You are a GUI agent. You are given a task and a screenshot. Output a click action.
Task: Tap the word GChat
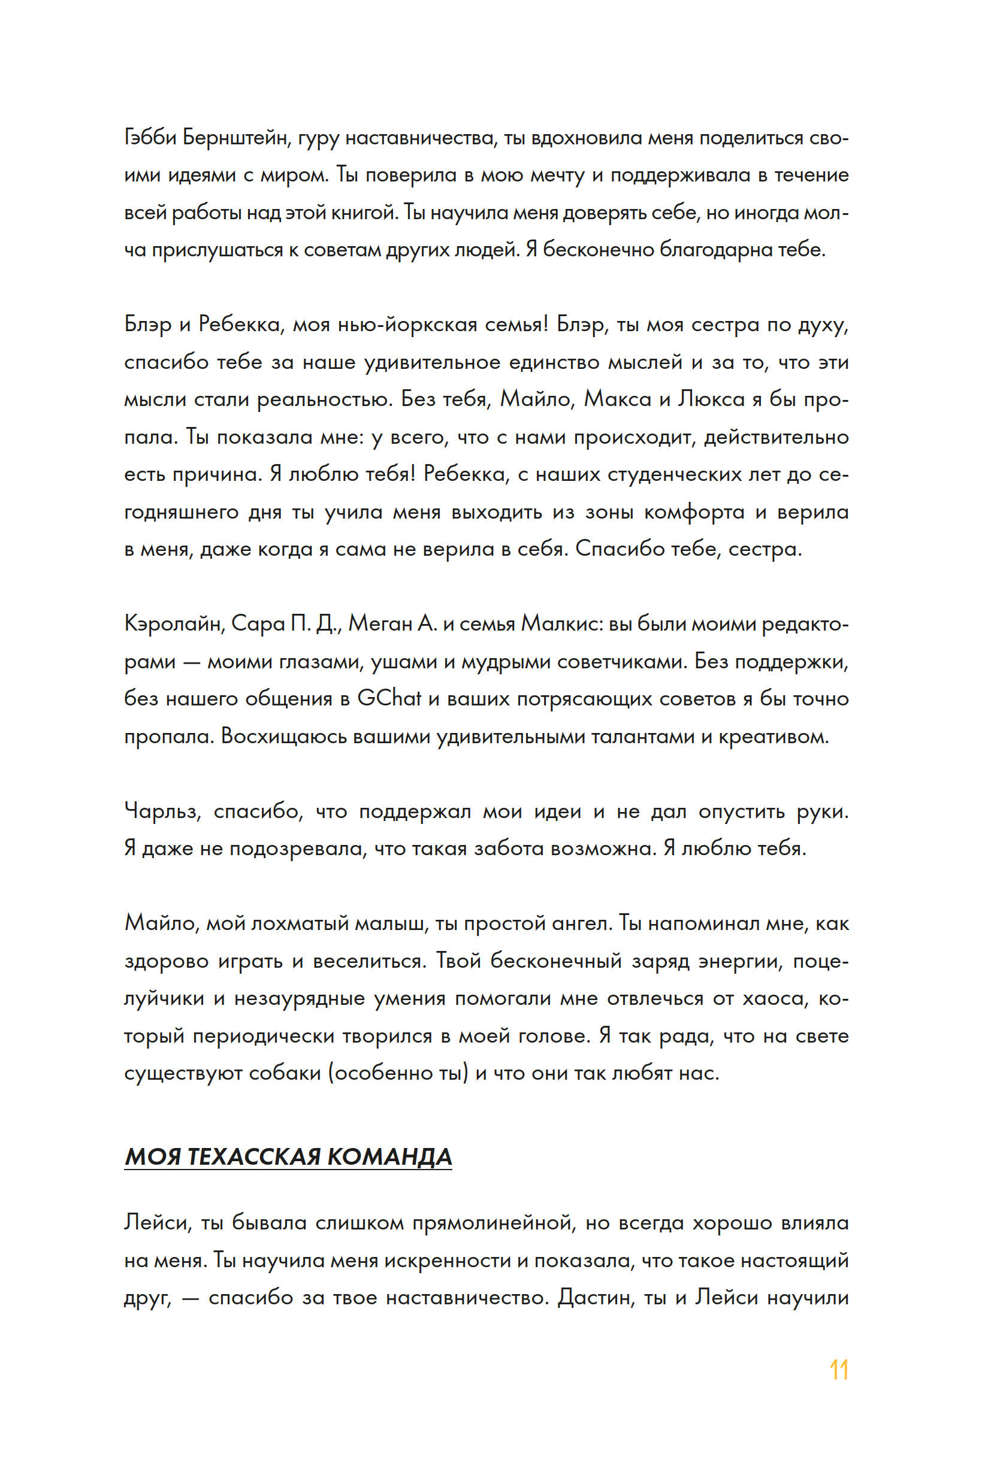click(x=389, y=698)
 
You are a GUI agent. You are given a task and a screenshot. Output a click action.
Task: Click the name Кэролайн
click(x=174, y=624)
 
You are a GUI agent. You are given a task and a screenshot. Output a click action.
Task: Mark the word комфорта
click(x=694, y=512)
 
